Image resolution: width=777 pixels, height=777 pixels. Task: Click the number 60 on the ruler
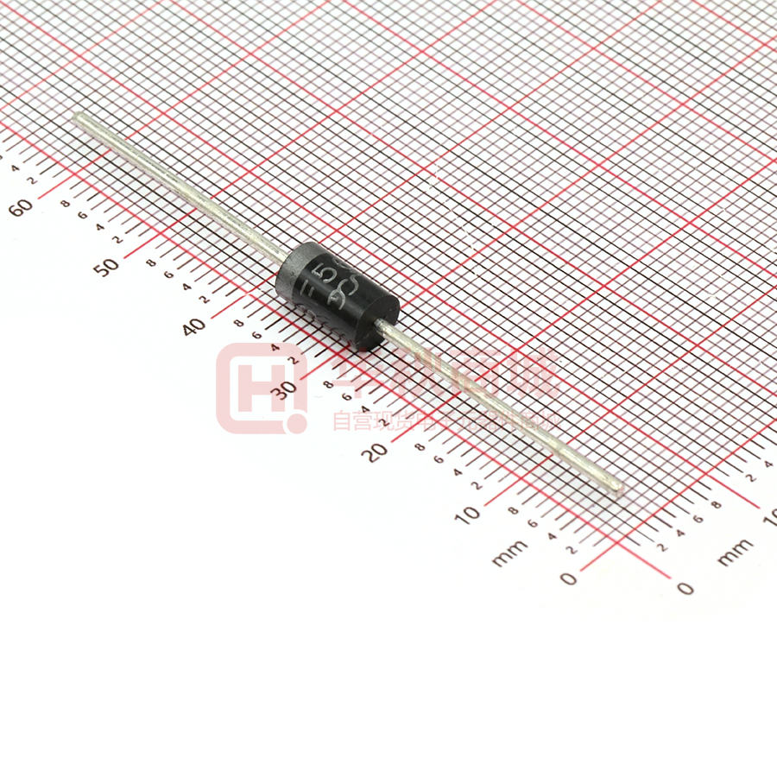pos(22,207)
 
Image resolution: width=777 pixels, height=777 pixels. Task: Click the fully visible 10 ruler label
pos(467,514)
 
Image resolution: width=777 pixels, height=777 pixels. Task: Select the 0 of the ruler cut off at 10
pos(685,589)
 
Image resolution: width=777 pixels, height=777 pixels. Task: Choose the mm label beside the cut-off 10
pos(735,553)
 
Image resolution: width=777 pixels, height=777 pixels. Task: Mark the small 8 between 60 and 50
pos(66,204)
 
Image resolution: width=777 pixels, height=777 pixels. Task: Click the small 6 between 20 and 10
pos(438,459)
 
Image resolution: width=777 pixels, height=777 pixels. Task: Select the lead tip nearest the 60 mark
pos(79,118)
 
